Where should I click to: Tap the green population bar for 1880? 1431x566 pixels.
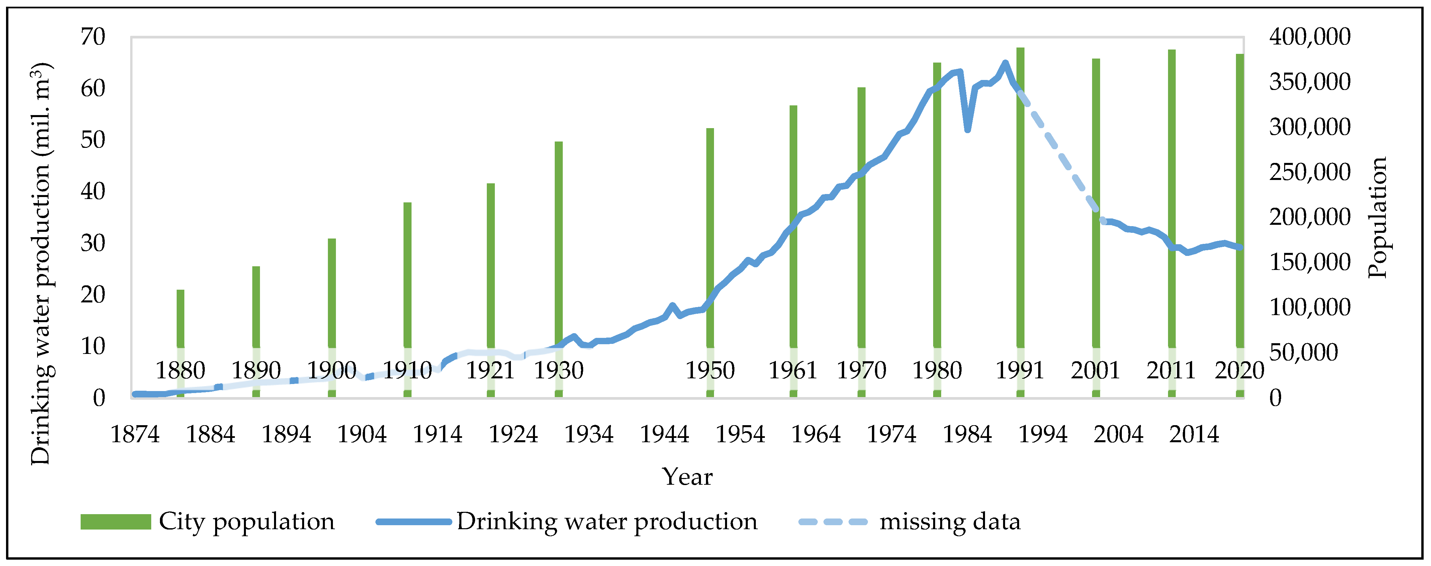(181, 316)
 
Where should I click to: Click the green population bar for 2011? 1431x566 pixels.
(1172, 194)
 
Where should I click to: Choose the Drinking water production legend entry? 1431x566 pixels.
(567, 522)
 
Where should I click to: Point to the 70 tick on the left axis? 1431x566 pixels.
(93, 37)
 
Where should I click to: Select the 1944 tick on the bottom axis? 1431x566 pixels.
(664, 434)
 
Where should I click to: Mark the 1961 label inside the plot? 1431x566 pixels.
(793, 371)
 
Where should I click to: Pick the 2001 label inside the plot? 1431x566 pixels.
(1095, 371)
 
